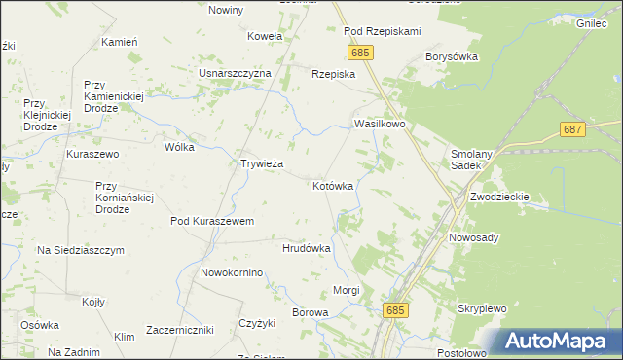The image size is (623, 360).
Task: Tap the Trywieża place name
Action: click(262, 163)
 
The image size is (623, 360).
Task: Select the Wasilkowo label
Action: click(380, 126)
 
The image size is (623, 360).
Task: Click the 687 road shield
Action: click(572, 129)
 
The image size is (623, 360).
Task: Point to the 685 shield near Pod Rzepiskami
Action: click(359, 52)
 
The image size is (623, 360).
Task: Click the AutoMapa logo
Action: click(559, 342)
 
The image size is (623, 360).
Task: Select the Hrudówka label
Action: click(307, 248)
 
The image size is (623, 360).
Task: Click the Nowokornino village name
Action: click(232, 272)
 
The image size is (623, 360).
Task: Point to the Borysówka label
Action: click(449, 57)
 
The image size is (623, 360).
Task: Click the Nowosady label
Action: click(474, 237)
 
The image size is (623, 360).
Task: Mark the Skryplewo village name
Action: click(483, 308)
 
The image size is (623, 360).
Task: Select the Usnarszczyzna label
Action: click(235, 73)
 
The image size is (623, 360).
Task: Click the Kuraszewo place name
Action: click(92, 154)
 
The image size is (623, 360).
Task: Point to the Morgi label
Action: click(347, 290)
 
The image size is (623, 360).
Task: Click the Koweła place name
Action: click(265, 36)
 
